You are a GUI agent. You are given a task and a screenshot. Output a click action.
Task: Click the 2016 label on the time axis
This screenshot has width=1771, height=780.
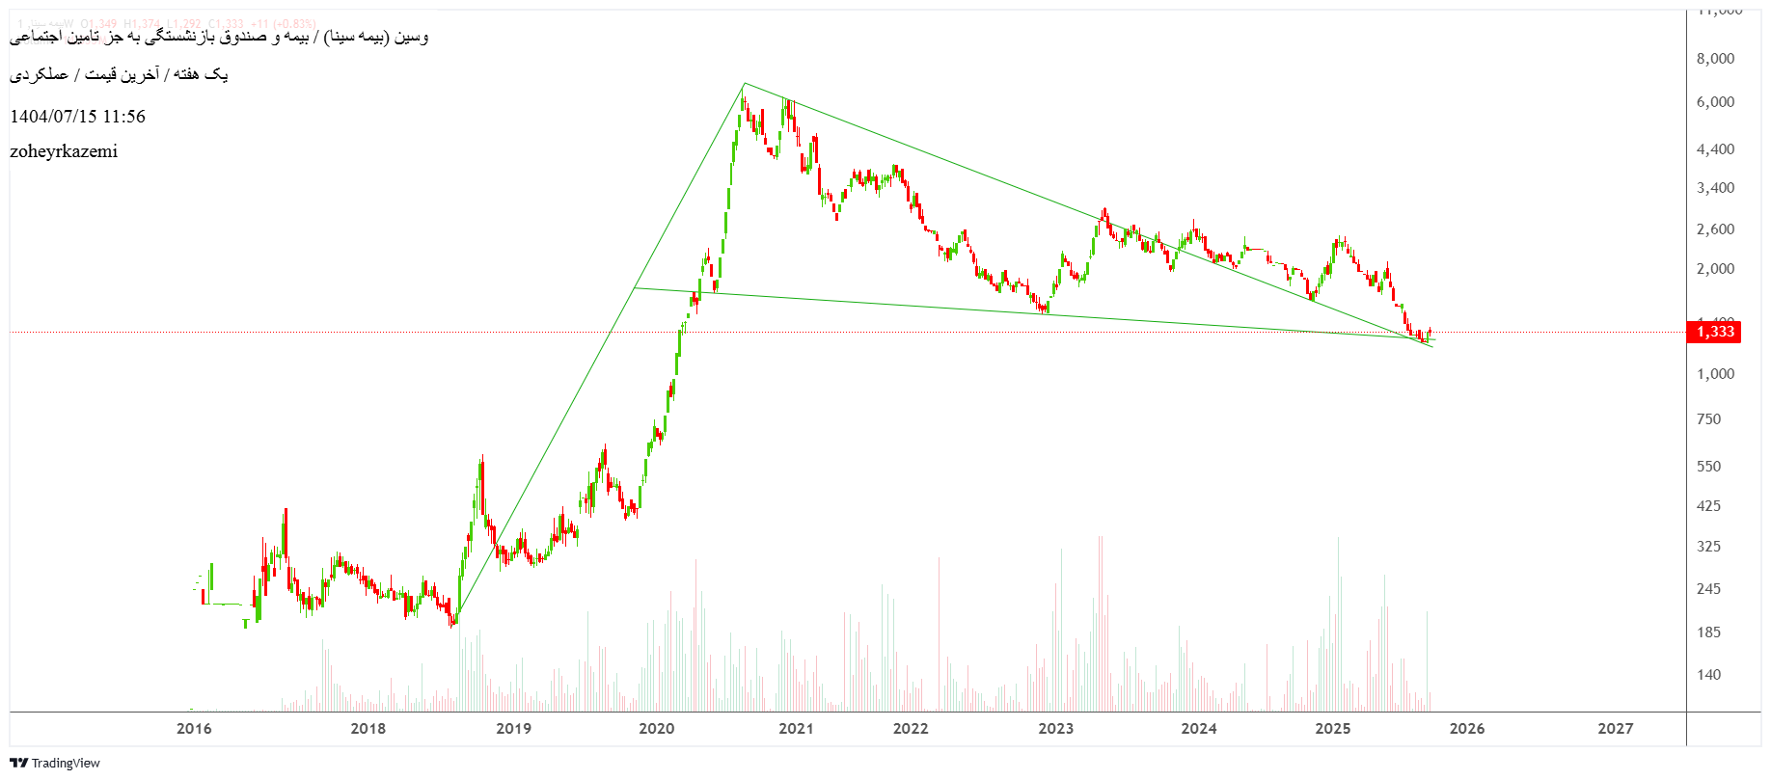(194, 728)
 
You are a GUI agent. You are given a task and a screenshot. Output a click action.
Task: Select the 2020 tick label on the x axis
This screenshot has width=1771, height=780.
(656, 728)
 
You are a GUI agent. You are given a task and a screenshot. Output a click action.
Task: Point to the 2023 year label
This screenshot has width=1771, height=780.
(1055, 728)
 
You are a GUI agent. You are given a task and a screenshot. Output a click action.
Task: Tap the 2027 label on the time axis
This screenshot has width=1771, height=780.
(1615, 728)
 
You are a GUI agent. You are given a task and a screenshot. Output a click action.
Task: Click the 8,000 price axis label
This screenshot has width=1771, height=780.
(1715, 59)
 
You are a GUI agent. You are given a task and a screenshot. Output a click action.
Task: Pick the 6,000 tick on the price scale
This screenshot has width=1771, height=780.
(1715, 102)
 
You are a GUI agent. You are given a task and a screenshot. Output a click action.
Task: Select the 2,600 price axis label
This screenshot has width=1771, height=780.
(1715, 229)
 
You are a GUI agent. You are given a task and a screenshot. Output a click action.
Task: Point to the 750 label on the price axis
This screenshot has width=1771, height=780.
(1708, 419)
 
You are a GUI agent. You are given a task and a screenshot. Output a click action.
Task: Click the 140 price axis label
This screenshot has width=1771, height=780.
(1708, 675)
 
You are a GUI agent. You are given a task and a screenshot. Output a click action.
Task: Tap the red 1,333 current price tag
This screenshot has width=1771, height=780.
(1715, 332)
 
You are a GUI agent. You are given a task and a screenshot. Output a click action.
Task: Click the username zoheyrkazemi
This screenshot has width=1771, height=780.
(64, 151)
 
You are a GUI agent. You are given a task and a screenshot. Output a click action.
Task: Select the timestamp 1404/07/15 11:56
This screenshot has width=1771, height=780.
(77, 117)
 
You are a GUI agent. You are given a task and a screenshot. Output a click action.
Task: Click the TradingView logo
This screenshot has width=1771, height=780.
(55, 763)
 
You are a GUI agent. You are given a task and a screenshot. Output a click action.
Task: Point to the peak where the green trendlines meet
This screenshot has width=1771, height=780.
(744, 84)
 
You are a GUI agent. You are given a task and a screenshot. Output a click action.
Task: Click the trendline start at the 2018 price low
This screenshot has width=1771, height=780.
(455, 618)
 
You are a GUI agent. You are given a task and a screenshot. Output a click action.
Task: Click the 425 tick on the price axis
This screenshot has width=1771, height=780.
(1708, 506)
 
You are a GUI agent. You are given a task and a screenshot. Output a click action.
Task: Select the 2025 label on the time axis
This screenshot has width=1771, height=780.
(1333, 728)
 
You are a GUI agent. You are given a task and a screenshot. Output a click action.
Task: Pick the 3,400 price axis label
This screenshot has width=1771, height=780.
(1715, 188)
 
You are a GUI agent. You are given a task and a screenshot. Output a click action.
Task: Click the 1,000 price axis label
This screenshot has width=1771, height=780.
(1715, 374)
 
